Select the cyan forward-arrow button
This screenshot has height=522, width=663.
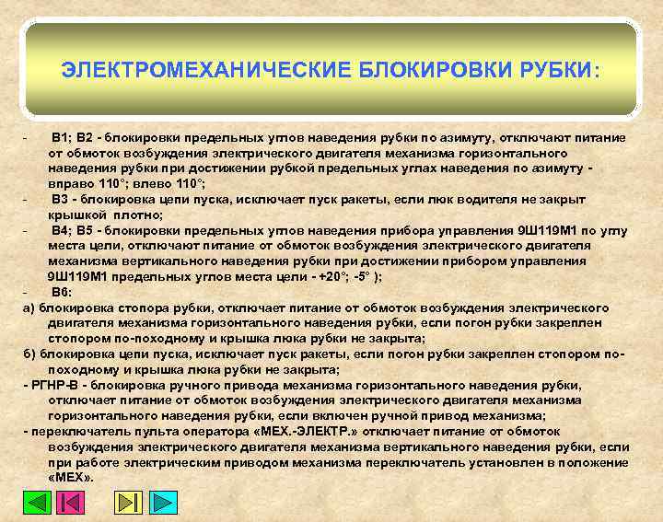click(162, 503)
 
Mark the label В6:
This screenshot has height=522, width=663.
click(61, 291)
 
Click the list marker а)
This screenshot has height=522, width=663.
click(28, 307)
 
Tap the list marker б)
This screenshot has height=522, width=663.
click(28, 354)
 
